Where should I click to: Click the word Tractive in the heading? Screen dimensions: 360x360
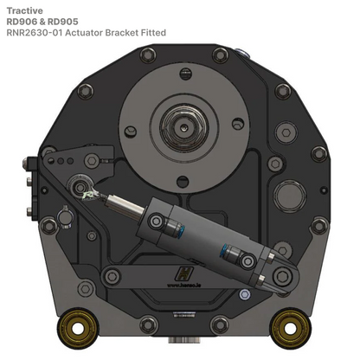(x=23, y=10)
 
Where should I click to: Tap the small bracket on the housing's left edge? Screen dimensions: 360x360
(x=36, y=170)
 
